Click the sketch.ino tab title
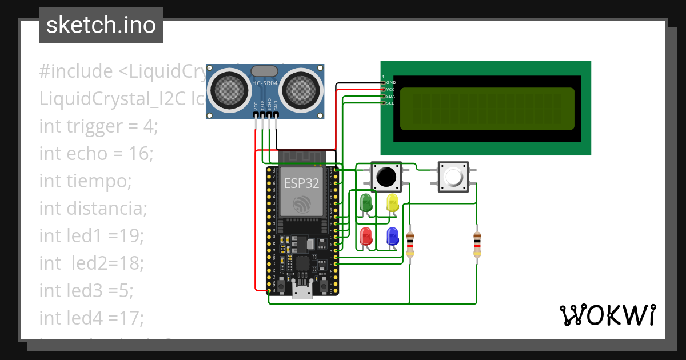(x=101, y=25)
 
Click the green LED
(x=365, y=203)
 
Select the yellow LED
(x=392, y=203)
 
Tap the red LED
(x=365, y=235)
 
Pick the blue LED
(x=392, y=235)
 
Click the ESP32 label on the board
(x=301, y=183)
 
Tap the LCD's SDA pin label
(x=390, y=96)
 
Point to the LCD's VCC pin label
(x=390, y=89)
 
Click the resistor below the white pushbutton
(x=477, y=244)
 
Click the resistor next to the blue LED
(x=409, y=244)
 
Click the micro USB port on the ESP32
(x=302, y=291)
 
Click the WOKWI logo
(x=607, y=315)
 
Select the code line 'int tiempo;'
(x=86, y=181)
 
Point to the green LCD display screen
(x=486, y=109)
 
